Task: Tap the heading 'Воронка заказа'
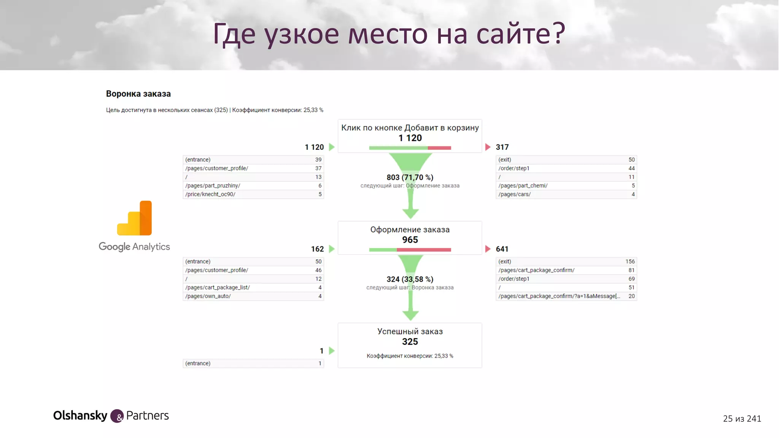[138, 94]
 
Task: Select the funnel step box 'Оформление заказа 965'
[410, 238]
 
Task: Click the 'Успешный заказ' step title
[410, 331]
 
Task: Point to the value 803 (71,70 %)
[410, 177]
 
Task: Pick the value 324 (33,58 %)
[410, 279]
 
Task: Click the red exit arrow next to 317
[488, 147]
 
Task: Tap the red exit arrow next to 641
[488, 249]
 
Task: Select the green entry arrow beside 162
[332, 249]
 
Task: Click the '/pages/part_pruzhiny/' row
[253, 186]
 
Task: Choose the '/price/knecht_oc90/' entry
[253, 194]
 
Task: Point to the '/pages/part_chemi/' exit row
[566, 186]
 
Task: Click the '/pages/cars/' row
[566, 194]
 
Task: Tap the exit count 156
[630, 262]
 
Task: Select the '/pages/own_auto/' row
[253, 296]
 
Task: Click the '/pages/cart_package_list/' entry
[253, 287]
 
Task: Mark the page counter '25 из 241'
[742, 419]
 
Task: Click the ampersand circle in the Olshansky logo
[117, 416]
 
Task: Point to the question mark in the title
[558, 33]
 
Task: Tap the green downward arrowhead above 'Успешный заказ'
[410, 315]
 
